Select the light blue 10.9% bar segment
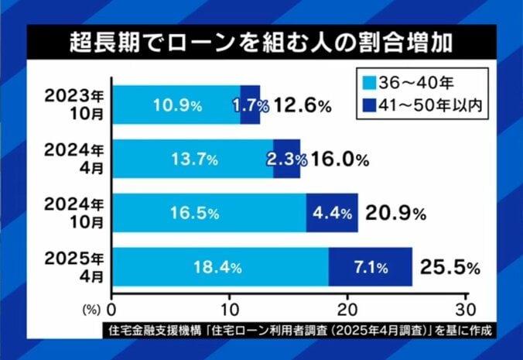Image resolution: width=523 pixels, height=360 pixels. click(x=176, y=105)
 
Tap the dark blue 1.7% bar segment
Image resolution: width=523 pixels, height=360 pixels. click(x=250, y=105)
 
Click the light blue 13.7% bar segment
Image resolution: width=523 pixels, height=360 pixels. click(x=193, y=159)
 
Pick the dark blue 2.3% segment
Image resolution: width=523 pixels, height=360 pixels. click(x=286, y=159)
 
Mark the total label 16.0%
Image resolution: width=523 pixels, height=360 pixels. click(x=335, y=159)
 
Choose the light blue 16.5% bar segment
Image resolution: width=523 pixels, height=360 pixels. click(x=209, y=213)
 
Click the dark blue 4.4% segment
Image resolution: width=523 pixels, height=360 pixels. click(x=332, y=213)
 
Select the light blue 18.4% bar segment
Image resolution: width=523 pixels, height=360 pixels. click(x=220, y=268)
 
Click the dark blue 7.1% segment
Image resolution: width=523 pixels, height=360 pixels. click(x=371, y=268)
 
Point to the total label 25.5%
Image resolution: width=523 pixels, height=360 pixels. click(x=450, y=268)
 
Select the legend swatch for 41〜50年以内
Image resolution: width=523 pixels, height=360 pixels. click(x=370, y=106)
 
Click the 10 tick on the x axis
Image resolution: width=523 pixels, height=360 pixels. click(x=230, y=306)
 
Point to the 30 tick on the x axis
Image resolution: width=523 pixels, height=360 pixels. click(x=466, y=306)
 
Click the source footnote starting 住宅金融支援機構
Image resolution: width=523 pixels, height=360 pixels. click(x=302, y=331)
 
